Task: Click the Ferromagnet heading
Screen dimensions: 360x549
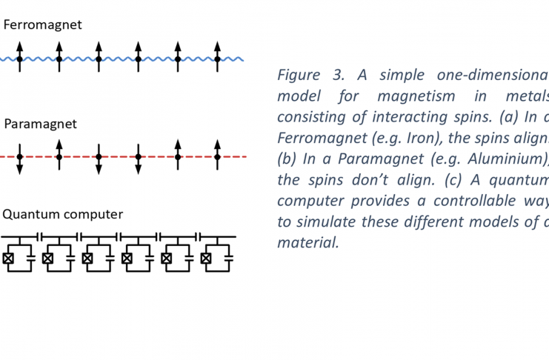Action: [42, 24]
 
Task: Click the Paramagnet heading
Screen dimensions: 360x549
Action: [40, 124]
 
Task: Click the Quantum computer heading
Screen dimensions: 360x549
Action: [62, 215]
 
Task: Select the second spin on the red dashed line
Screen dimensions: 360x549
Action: [59, 154]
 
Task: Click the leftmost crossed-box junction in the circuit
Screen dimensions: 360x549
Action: [8, 259]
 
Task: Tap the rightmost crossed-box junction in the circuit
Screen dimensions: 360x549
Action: [207, 259]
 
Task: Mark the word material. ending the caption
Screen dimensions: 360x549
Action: [307, 242]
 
